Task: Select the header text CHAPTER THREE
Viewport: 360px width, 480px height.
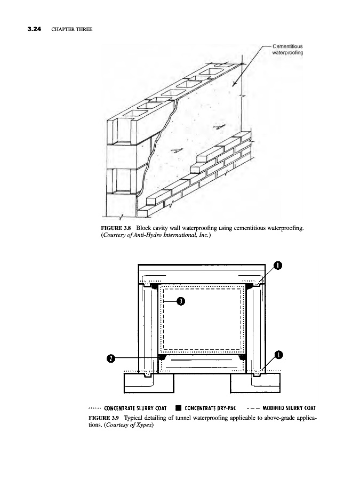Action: pos(72,28)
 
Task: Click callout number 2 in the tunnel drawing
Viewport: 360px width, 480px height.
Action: pos(110,358)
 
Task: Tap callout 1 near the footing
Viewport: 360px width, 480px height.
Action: pos(278,355)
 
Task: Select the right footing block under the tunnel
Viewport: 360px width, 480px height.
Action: pos(253,383)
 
